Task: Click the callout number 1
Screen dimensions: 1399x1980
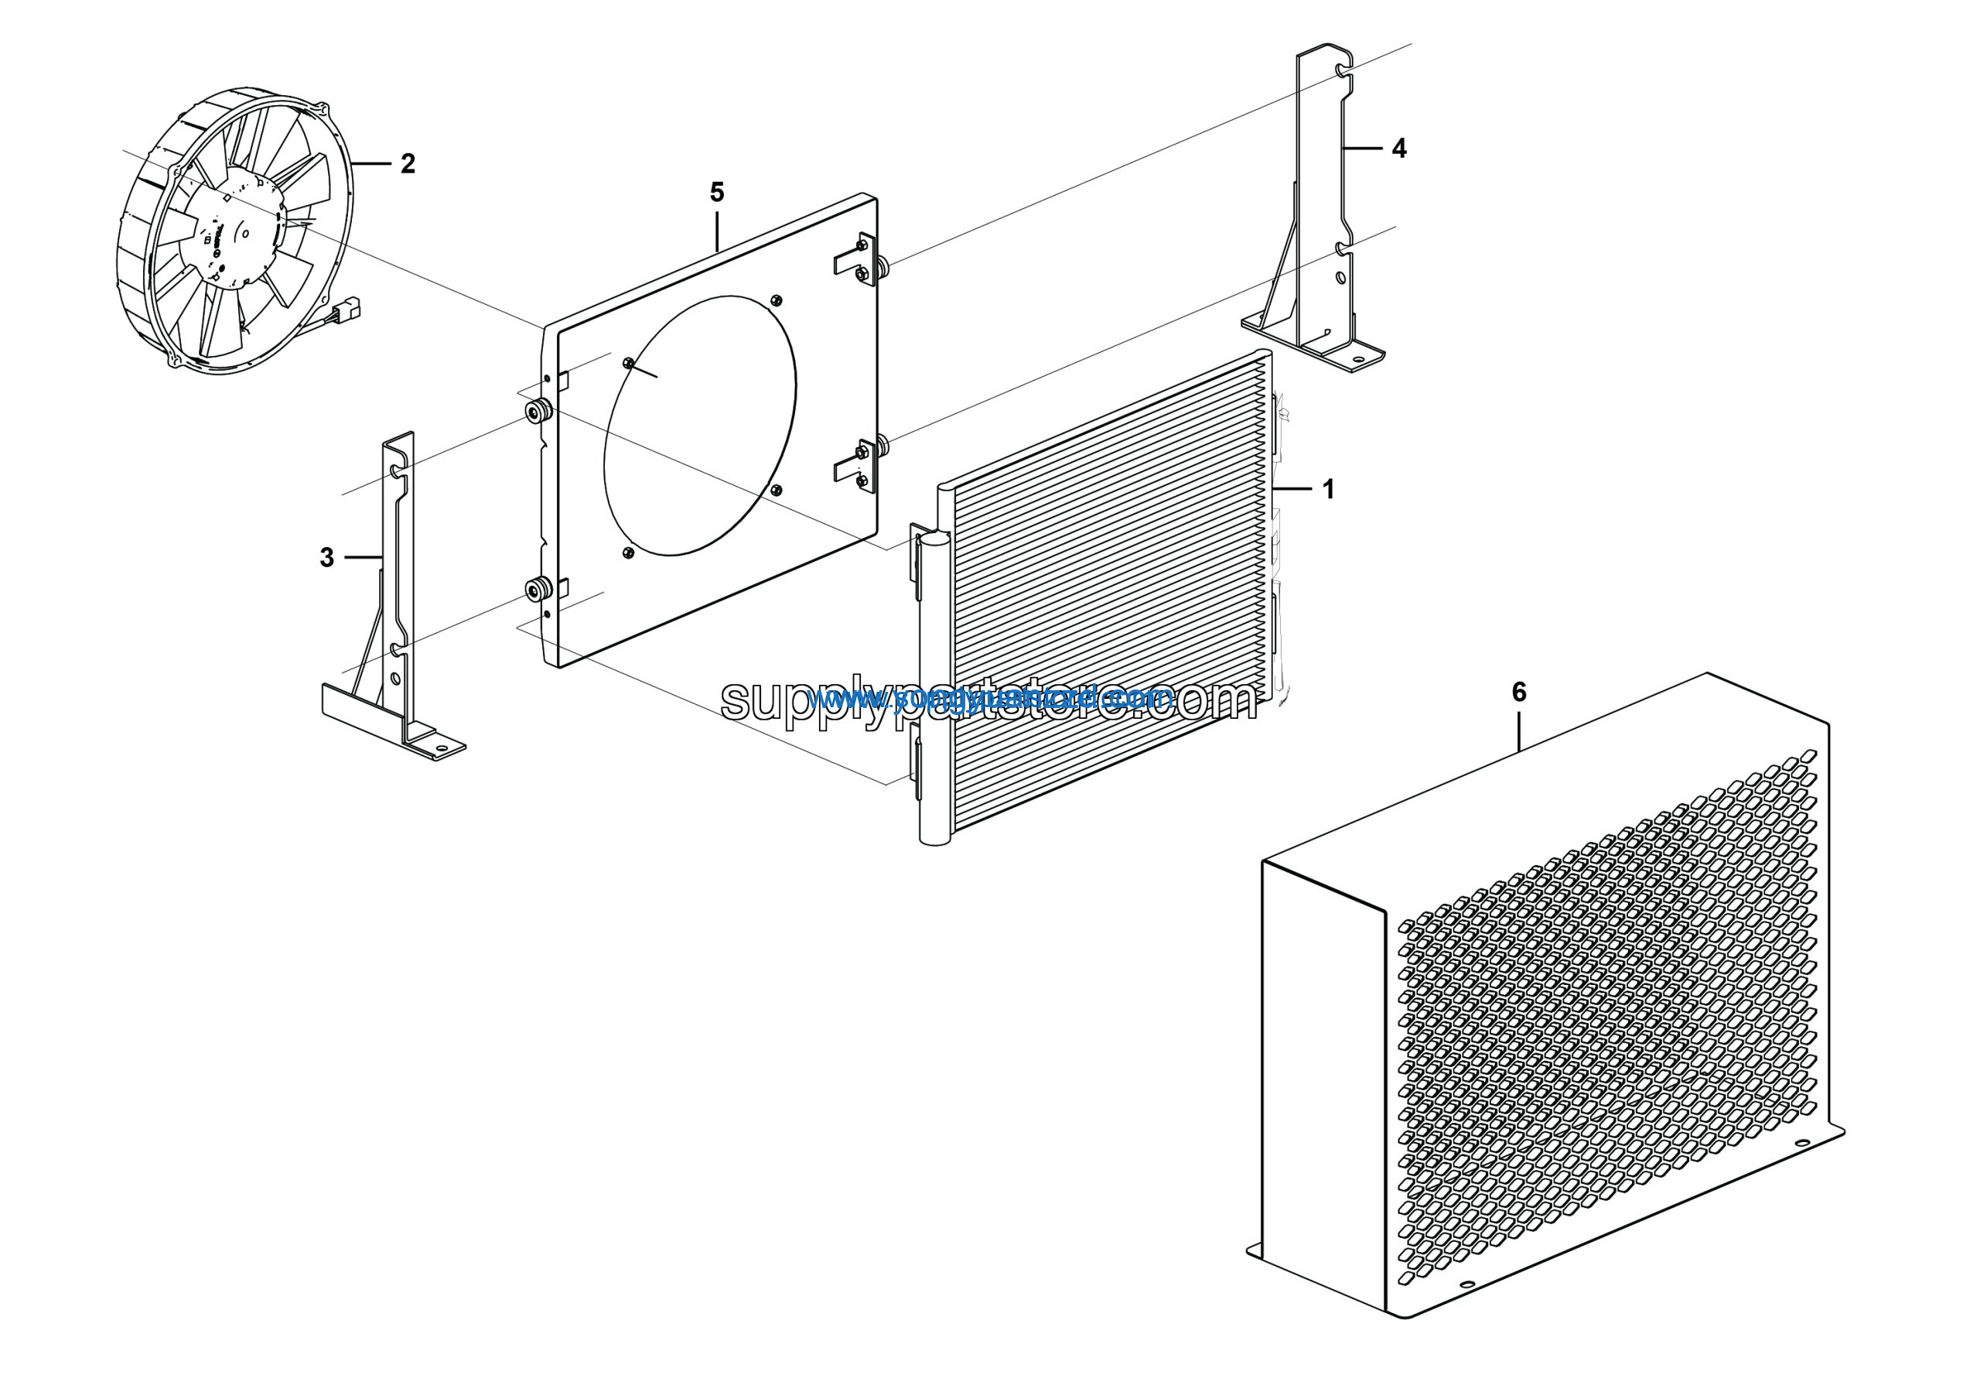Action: [x=1328, y=489]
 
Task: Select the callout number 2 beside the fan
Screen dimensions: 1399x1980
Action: [x=408, y=163]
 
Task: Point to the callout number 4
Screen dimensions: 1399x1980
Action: [x=1399, y=149]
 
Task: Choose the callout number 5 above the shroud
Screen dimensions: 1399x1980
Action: [x=717, y=193]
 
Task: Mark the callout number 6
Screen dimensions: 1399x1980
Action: [x=1518, y=692]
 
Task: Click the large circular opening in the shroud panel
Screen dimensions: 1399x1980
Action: [x=699, y=426]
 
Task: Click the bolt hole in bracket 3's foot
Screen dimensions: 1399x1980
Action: [x=441, y=747]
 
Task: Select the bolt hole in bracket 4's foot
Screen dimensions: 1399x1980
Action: [x=1358, y=359]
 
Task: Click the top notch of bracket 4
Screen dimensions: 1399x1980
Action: [x=1342, y=67]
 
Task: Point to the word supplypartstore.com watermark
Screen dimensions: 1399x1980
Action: [x=988, y=699]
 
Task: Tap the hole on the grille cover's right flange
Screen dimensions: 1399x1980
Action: [x=1800, y=1144]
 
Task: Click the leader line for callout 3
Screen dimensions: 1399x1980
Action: [x=362, y=557]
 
